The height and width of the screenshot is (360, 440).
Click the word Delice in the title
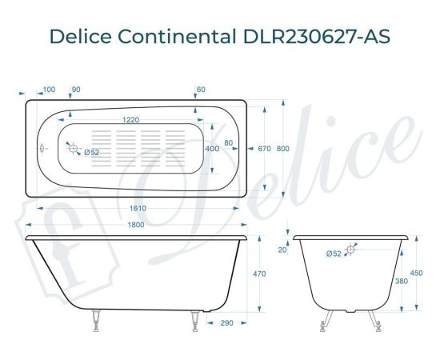point(81,37)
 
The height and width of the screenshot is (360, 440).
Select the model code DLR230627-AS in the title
point(314,37)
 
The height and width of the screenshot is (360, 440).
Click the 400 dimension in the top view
point(212,149)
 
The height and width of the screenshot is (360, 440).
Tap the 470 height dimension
point(259,274)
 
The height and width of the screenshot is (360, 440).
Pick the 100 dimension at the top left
point(49,89)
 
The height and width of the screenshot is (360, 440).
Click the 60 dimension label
point(201,89)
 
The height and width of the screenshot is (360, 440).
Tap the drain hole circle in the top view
point(73,150)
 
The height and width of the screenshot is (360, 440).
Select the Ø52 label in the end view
point(334,254)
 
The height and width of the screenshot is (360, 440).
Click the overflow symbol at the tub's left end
point(42,149)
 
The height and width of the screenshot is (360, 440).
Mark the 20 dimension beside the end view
point(282,250)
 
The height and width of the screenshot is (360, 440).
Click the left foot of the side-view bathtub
point(95,320)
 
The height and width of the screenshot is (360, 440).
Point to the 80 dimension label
point(230,143)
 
